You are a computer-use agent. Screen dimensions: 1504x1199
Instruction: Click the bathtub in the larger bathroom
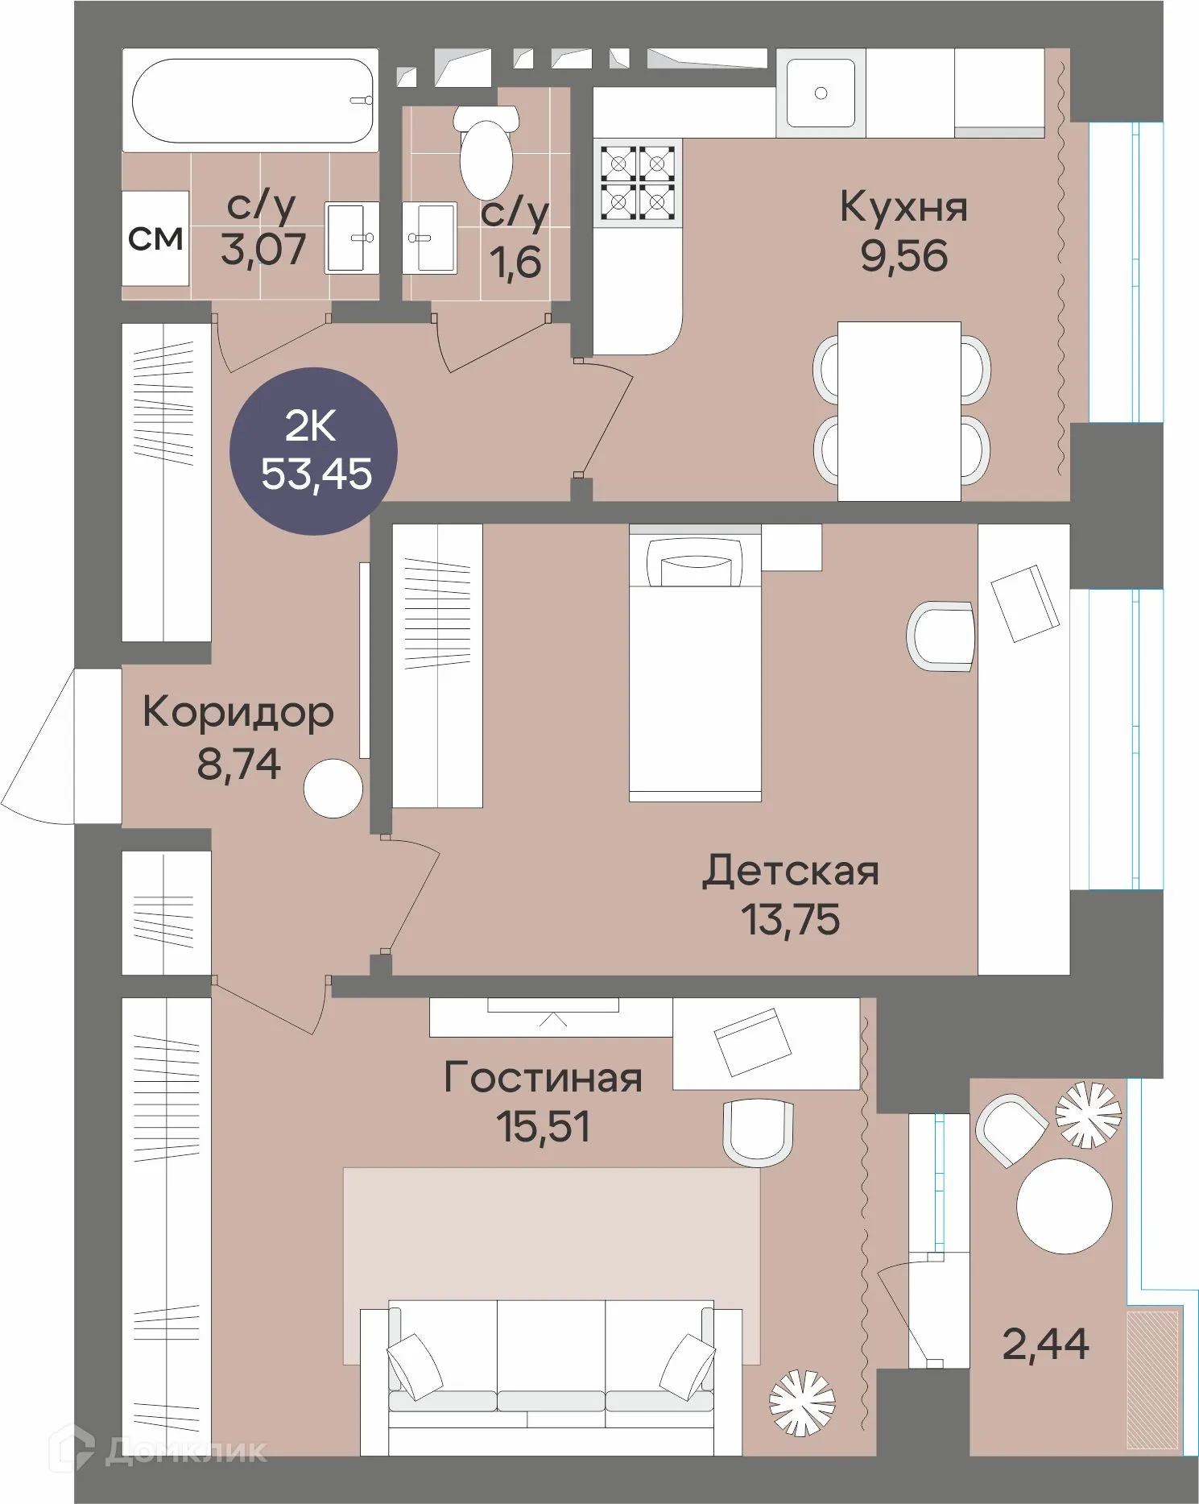point(251,101)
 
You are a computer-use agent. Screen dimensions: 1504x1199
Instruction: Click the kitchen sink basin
point(821,93)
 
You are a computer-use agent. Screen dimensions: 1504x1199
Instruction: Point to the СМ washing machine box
point(155,238)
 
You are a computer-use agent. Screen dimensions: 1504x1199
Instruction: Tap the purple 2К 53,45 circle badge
point(313,451)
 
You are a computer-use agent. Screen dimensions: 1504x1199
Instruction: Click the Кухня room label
point(903,207)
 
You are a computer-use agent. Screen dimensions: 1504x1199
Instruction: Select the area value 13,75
point(790,919)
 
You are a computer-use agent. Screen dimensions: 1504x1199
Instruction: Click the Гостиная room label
point(543,1078)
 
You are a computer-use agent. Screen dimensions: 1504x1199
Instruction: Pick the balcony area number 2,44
point(1045,1344)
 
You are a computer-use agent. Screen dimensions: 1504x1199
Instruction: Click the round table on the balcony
point(1064,1206)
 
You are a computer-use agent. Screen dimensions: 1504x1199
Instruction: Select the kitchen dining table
point(899,411)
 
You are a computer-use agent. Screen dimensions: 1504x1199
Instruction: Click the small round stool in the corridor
point(333,789)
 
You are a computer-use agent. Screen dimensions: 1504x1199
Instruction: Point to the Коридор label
point(238,712)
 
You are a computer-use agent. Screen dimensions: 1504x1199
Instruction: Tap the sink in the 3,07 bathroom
point(352,238)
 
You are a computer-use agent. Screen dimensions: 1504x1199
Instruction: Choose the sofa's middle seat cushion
point(551,1355)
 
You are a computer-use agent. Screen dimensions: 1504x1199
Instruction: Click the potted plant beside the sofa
point(801,1402)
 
